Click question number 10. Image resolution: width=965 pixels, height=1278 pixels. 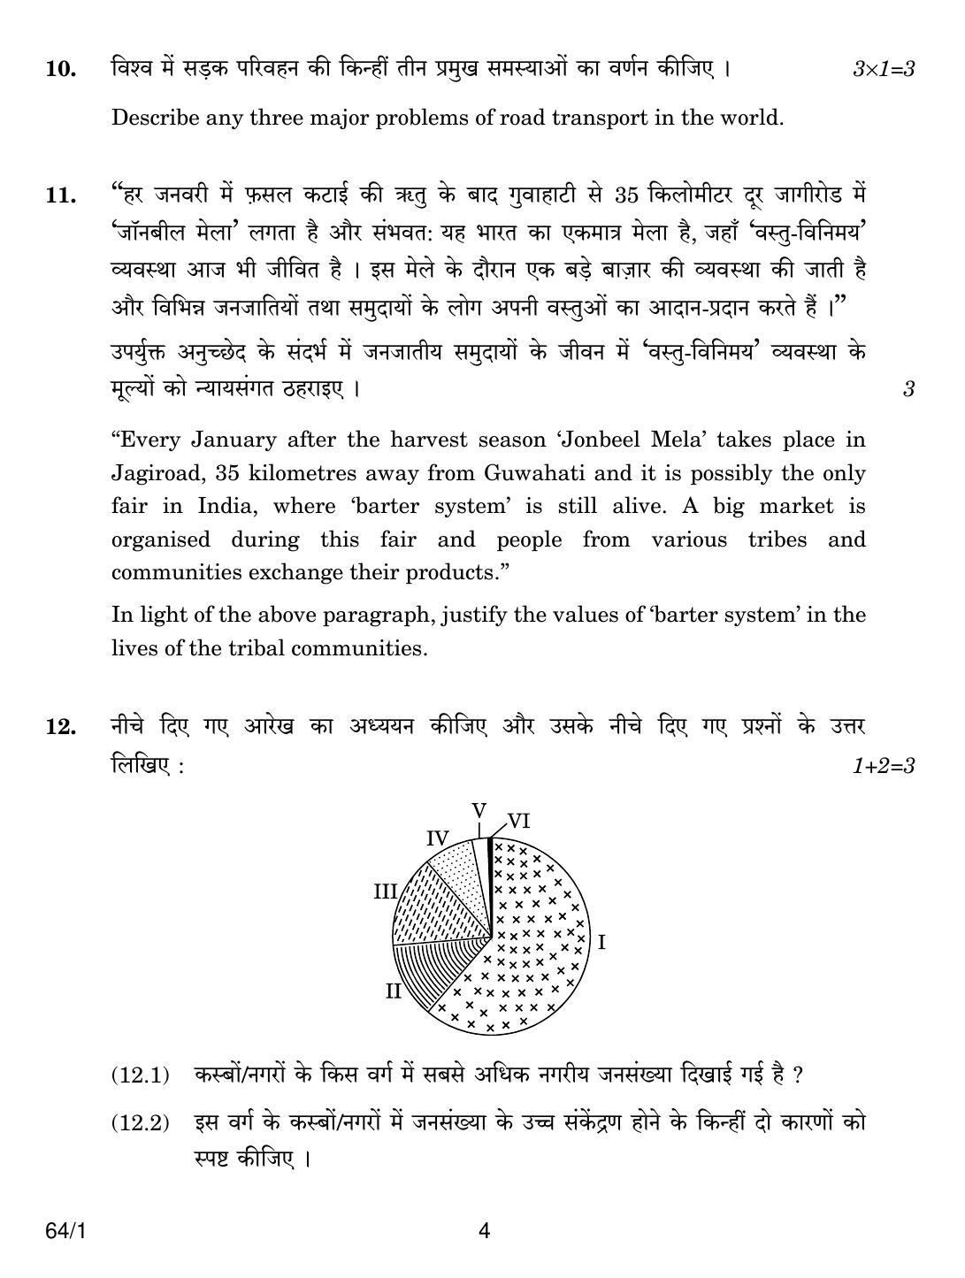(59, 69)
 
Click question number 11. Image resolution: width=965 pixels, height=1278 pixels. (59, 195)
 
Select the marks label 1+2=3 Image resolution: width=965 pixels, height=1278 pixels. (882, 766)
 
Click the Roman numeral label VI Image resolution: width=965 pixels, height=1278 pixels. (518, 822)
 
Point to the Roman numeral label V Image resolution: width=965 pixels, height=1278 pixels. (479, 811)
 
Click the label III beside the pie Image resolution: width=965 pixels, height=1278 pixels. (385, 892)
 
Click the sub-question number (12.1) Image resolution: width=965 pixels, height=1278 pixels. (140, 1076)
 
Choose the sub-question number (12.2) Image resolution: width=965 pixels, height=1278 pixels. (140, 1124)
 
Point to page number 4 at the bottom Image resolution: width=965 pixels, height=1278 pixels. (483, 1231)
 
